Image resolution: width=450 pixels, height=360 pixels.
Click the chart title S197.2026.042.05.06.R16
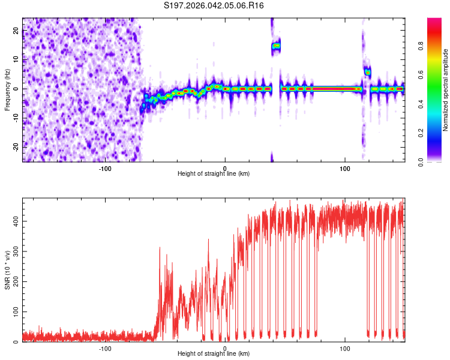coord(214,5)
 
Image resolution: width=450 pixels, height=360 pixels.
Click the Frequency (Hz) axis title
coord(7,89)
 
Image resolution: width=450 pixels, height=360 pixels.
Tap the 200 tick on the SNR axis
coord(14,282)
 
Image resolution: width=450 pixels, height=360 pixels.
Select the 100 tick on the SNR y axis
coord(14,312)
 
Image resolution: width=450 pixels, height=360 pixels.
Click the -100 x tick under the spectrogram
coord(105,167)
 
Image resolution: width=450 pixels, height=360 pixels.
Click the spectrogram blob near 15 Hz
coord(276,46)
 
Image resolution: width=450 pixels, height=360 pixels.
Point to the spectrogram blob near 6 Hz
coord(367,72)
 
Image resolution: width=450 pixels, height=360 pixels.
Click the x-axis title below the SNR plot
coord(214,355)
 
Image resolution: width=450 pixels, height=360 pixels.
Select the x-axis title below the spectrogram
coord(214,174)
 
